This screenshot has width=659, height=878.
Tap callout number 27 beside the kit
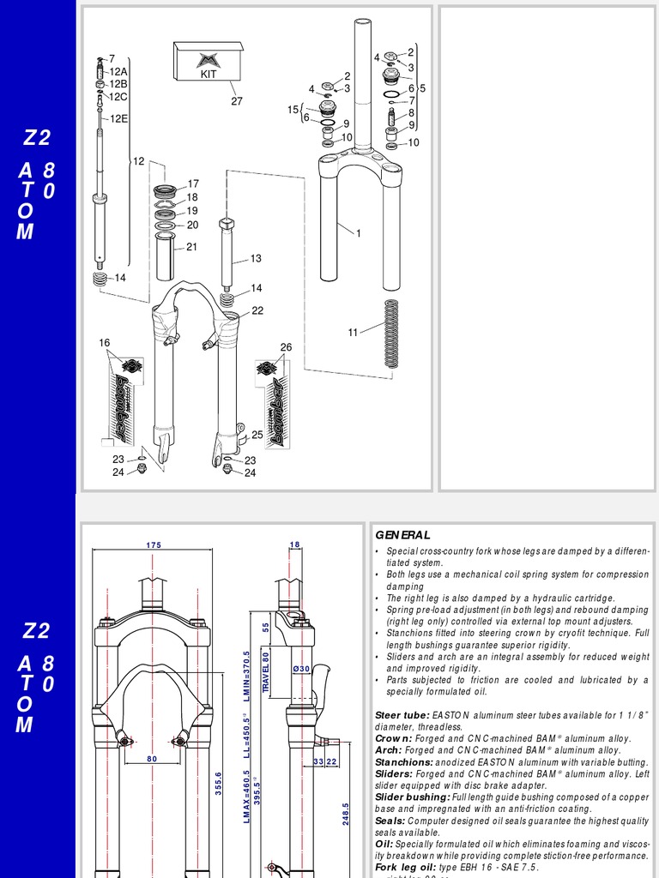pyautogui.click(x=237, y=100)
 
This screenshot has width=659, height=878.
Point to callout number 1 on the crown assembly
pyautogui.click(x=358, y=233)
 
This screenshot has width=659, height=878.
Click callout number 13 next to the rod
pyautogui.click(x=256, y=258)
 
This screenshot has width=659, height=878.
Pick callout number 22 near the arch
pyautogui.click(x=257, y=310)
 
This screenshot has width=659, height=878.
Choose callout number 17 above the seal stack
pyautogui.click(x=193, y=183)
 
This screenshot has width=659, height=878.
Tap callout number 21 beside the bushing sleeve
pyautogui.click(x=192, y=247)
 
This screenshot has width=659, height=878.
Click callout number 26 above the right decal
pyautogui.click(x=286, y=347)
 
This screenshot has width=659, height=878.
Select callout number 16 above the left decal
pyautogui.click(x=105, y=343)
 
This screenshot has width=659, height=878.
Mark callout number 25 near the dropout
pyautogui.click(x=257, y=436)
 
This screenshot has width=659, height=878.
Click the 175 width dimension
pyautogui.click(x=153, y=544)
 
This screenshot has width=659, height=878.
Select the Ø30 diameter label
pyautogui.click(x=300, y=669)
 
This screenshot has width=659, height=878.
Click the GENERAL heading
pyautogui.click(x=402, y=535)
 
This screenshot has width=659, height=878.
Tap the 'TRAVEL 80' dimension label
pyautogui.click(x=266, y=671)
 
